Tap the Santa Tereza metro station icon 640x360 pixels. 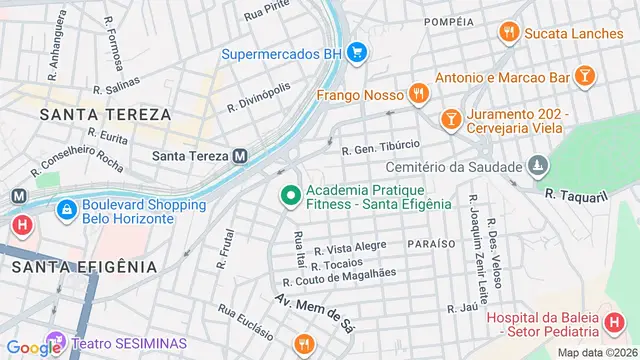pyautogui.click(x=240, y=155)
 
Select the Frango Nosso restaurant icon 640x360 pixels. pyautogui.click(x=418, y=94)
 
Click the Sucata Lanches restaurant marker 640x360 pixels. pyautogui.click(x=510, y=32)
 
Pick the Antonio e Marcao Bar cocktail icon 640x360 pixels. pyautogui.click(x=585, y=76)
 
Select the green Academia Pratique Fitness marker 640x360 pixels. pyautogui.click(x=290, y=195)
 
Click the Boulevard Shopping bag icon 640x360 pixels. pyautogui.click(x=66, y=210)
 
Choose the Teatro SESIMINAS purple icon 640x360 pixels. pyautogui.click(x=53, y=342)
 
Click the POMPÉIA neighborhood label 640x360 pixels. pyautogui.click(x=448, y=21)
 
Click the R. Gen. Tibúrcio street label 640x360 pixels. pyautogui.click(x=381, y=150)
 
